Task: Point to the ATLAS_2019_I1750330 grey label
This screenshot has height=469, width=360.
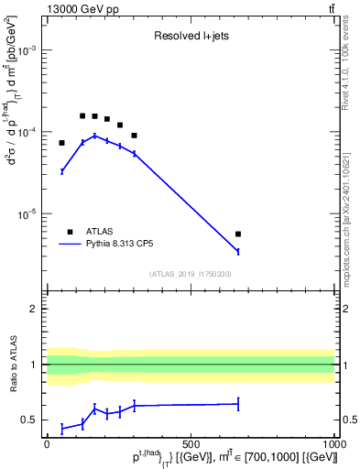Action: pyautogui.click(x=191, y=274)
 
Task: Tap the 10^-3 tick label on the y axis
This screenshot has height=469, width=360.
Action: pyautogui.click(x=27, y=51)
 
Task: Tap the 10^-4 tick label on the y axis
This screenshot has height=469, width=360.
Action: pyautogui.click(x=27, y=133)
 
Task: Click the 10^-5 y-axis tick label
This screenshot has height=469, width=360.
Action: pyautogui.click(x=27, y=214)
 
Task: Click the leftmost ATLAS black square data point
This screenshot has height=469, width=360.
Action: pyautogui.click(x=62, y=143)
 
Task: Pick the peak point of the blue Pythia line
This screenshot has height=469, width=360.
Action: pyautogui.click(x=94, y=136)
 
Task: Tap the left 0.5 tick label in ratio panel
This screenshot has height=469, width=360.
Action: pyautogui.click(x=32, y=420)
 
